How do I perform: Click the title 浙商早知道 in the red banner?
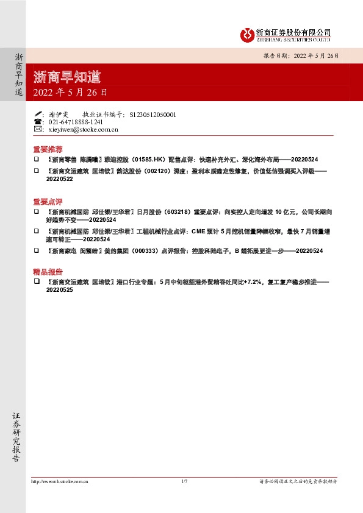pyautogui.click(x=67, y=77)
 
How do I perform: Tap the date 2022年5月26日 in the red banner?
pyautogui.click(x=70, y=93)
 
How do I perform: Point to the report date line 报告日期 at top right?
pyautogui.click(x=301, y=55)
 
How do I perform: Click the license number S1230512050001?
pyautogui.click(x=153, y=114)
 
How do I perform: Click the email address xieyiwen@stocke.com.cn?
pyautogui.click(x=83, y=129)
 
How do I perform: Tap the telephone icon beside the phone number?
pyautogui.click(x=38, y=122)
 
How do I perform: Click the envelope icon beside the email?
pyautogui.click(x=38, y=129)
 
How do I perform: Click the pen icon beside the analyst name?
pyautogui.click(x=38, y=114)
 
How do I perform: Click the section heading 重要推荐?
pyautogui.click(x=48, y=149)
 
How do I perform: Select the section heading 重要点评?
pyautogui.click(x=48, y=201)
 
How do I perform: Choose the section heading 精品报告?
pyautogui.click(x=48, y=272)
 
